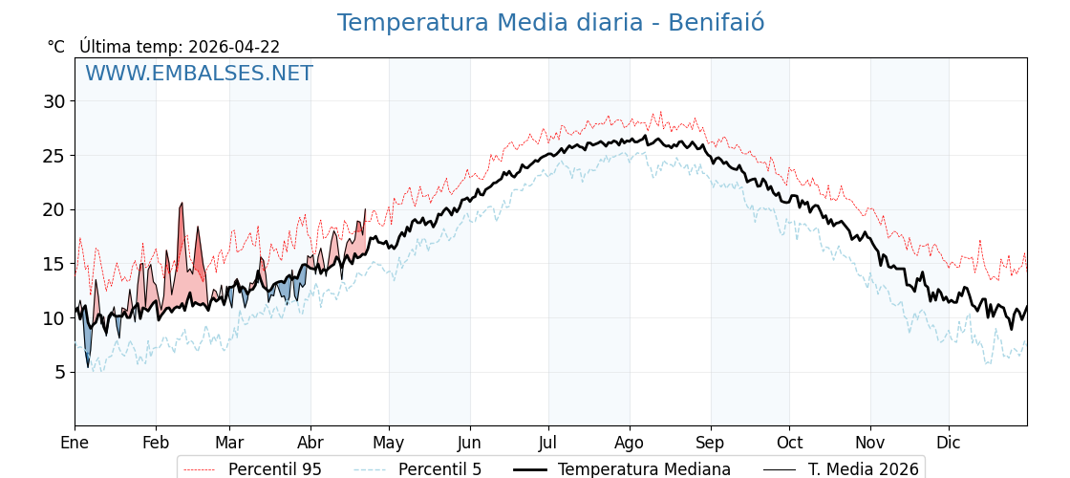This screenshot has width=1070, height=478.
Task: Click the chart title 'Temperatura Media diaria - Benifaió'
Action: click(550, 23)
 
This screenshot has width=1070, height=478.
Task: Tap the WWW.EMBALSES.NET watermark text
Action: click(199, 74)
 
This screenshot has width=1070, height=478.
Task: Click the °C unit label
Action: click(56, 47)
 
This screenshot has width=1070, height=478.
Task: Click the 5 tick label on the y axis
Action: click(59, 372)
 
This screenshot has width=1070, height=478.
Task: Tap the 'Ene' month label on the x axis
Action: click(75, 443)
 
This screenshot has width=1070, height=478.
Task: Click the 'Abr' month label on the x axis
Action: click(310, 443)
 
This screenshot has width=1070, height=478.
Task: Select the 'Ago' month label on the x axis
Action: click(629, 443)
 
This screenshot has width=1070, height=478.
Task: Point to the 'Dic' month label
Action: click(949, 443)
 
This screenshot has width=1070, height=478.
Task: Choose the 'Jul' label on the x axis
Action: click(548, 443)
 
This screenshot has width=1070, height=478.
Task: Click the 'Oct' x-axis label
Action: click(789, 443)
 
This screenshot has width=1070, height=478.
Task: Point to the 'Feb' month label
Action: click(156, 443)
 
